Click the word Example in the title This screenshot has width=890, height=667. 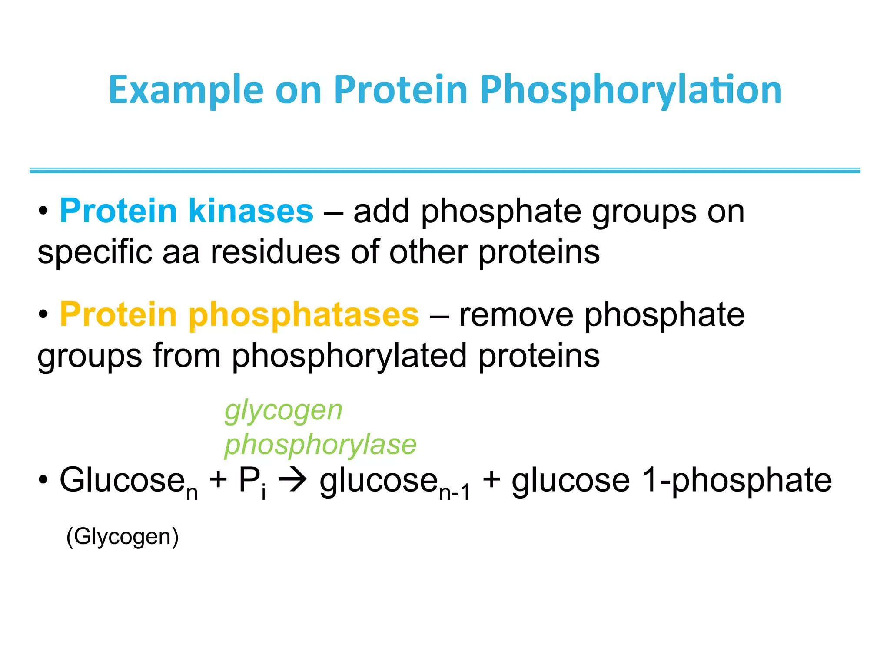click(x=186, y=90)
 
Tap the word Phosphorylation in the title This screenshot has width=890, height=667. click(x=631, y=90)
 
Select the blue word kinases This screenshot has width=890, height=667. click(x=250, y=211)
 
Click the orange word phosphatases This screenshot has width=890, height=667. click(x=303, y=314)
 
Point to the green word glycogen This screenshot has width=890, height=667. click(x=283, y=410)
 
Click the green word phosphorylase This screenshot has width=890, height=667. click(x=320, y=445)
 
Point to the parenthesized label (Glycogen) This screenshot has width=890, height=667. click(x=122, y=536)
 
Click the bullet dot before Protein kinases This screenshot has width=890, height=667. click(x=43, y=211)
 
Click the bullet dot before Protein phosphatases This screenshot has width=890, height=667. click(x=43, y=315)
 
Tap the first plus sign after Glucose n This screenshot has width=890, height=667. click(x=218, y=481)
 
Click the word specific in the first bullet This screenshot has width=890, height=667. click(x=95, y=252)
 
